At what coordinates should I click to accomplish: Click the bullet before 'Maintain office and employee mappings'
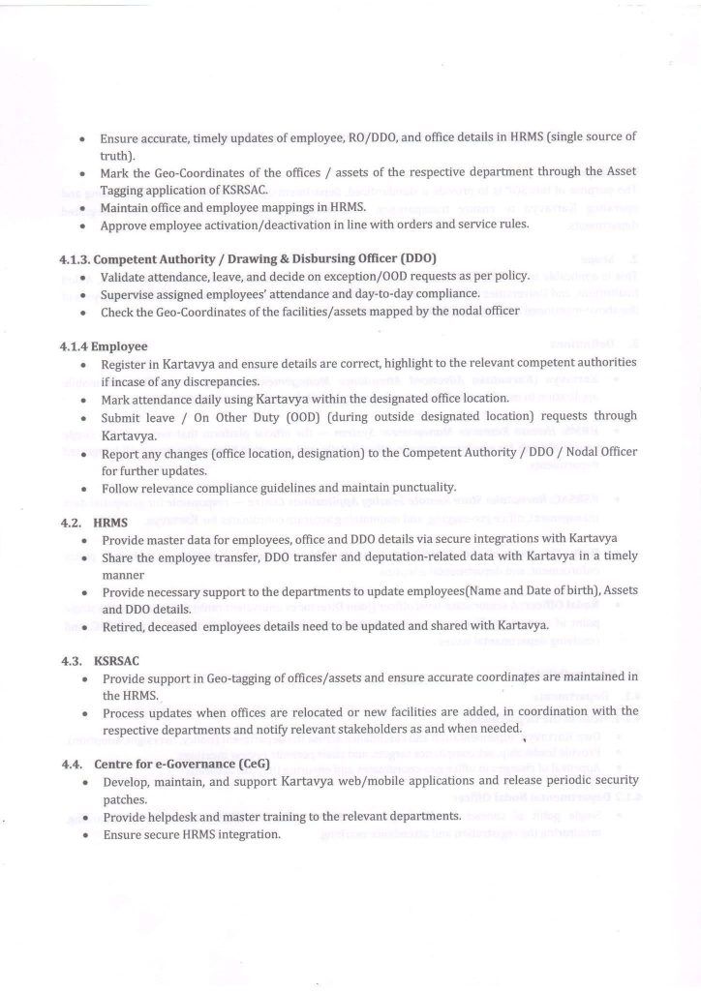coord(85,207)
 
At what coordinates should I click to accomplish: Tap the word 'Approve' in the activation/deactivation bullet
coord(127,225)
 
